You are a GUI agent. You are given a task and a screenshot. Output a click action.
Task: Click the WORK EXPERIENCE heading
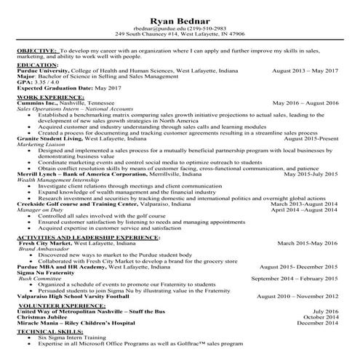point(48,96)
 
